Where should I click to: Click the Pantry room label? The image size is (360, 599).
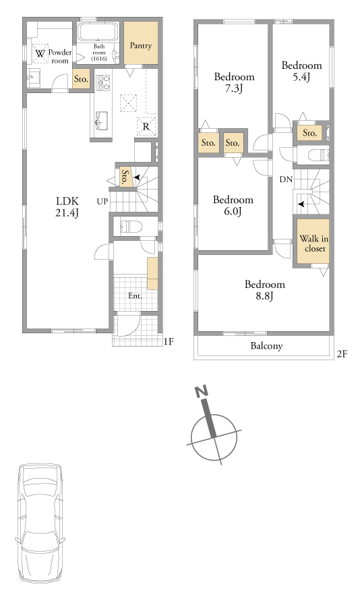[x=140, y=45]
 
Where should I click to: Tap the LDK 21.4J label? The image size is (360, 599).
[x=67, y=206]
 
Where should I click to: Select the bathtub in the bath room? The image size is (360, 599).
[x=98, y=32]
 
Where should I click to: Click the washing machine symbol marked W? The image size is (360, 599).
[x=40, y=54]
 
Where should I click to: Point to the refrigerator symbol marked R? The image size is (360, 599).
[x=146, y=126]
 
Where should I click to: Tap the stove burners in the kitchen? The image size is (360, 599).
[x=103, y=82]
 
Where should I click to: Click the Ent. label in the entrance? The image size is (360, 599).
[x=135, y=295]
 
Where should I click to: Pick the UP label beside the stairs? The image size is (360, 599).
[x=102, y=201]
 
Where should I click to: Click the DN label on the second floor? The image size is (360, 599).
[x=286, y=179]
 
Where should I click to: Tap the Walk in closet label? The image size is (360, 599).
[x=313, y=244]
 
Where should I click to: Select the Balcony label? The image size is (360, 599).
[x=266, y=346]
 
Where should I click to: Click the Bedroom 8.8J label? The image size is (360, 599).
[x=264, y=290]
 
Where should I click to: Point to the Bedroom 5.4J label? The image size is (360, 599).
[x=301, y=71]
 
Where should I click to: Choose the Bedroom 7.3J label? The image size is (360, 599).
[x=234, y=82]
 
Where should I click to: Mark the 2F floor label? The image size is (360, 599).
[x=342, y=353]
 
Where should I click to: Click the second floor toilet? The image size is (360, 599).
[x=318, y=155]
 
